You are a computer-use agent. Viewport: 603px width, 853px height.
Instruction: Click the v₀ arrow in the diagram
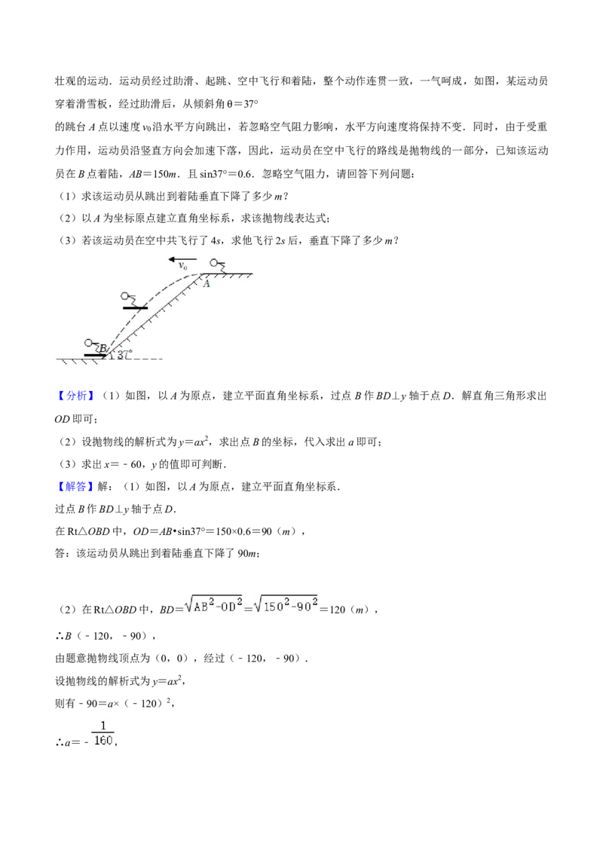coord(183,259)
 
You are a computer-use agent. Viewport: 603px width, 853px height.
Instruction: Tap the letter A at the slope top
coord(207,283)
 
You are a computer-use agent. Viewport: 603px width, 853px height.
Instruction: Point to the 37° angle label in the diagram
coord(125,354)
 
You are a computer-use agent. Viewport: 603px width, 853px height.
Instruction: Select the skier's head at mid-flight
coord(125,296)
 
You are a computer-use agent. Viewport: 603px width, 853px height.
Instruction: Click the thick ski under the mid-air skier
coord(136,308)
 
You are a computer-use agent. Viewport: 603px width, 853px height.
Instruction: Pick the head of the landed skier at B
coord(88,343)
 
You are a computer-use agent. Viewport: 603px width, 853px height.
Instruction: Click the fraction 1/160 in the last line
coord(103,734)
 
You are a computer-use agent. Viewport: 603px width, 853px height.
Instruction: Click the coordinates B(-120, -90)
coord(105,636)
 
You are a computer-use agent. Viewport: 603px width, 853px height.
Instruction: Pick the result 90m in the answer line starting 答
coord(247,553)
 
